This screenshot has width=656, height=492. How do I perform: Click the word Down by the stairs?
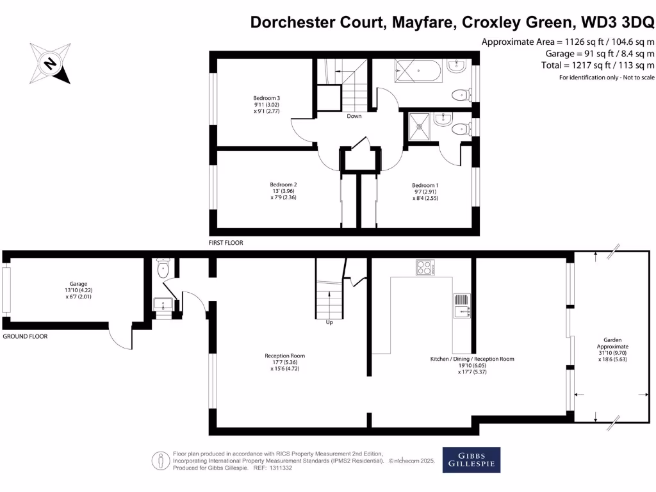354,116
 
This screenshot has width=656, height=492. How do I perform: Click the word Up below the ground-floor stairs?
329,322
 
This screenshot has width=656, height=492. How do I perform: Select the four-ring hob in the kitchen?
424,267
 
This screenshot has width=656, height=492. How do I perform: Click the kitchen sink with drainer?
462,306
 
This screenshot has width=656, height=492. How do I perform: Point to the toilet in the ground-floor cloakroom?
163,268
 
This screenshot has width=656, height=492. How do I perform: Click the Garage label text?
78,284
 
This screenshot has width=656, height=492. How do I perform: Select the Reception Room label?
284,356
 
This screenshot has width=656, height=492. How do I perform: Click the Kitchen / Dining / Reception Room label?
471,359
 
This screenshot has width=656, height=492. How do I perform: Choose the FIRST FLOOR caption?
226,243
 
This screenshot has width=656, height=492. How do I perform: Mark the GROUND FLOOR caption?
25,336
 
